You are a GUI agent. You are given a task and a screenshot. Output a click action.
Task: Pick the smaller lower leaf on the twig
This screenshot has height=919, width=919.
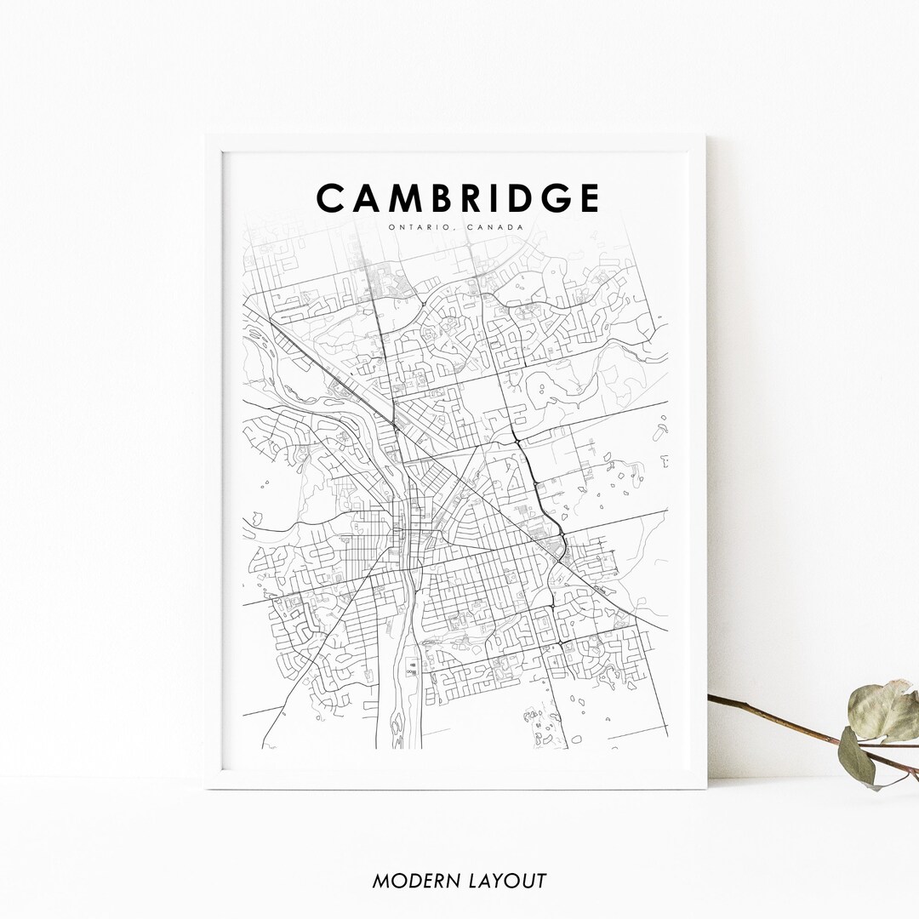[x=855, y=755]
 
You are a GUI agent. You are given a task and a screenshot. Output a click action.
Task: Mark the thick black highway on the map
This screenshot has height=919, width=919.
[x=536, y=485]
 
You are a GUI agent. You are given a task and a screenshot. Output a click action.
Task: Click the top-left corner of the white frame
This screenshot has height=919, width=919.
[x=208, y=137]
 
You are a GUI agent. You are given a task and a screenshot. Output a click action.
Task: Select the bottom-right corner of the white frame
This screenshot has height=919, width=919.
[x=705, y=787]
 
